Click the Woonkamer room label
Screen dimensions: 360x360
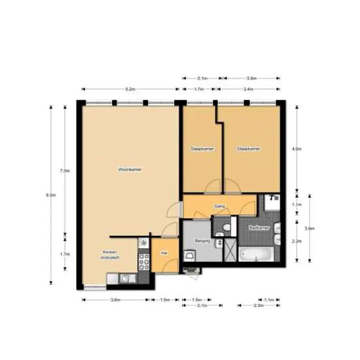coord(130,170)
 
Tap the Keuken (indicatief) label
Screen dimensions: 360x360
coord(109,255)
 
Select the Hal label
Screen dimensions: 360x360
coord(164,252)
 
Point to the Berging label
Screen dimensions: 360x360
coord(203,242)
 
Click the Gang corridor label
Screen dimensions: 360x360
coord(219,206)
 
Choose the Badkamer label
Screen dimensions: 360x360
coord(259,228)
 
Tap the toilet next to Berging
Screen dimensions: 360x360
coord(226,227)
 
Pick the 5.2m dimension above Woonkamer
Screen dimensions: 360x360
coord(130,88)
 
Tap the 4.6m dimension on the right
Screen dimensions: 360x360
coord(297,149)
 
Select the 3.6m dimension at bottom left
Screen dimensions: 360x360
coord(115,300)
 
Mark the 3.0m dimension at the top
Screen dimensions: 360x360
coord(250,78)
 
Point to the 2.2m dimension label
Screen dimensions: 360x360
coord(295,242)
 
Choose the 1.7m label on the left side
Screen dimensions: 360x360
coord(64,254)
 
